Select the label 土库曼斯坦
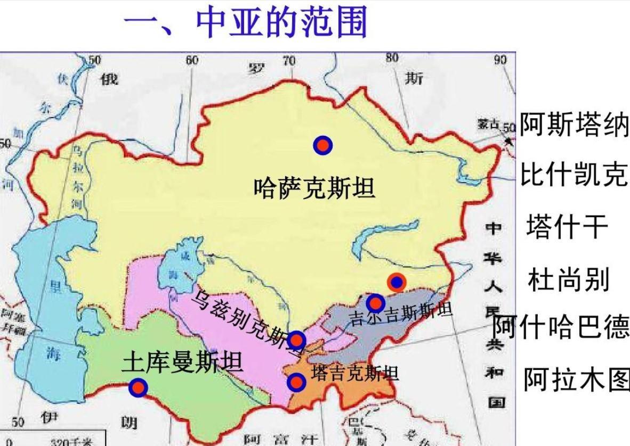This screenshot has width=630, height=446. tap(183, 363)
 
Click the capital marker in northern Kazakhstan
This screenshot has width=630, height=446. tap(323, 145)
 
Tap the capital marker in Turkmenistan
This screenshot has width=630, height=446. tap(138, 387)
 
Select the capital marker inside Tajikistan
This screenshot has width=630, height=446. tap(296, 382)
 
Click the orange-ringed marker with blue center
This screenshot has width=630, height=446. tap(397, 282)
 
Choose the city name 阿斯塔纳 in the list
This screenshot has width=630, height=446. tap(574, 125)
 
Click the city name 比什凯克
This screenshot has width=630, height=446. tap(574, 174)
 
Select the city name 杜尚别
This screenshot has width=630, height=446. tap(568, 279)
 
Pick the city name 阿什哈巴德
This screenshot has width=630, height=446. tap(561, 326)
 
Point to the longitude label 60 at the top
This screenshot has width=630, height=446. tap(192, 60)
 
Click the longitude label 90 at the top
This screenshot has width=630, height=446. tap(500, 60)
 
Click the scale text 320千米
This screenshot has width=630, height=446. tap(66, 442)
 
